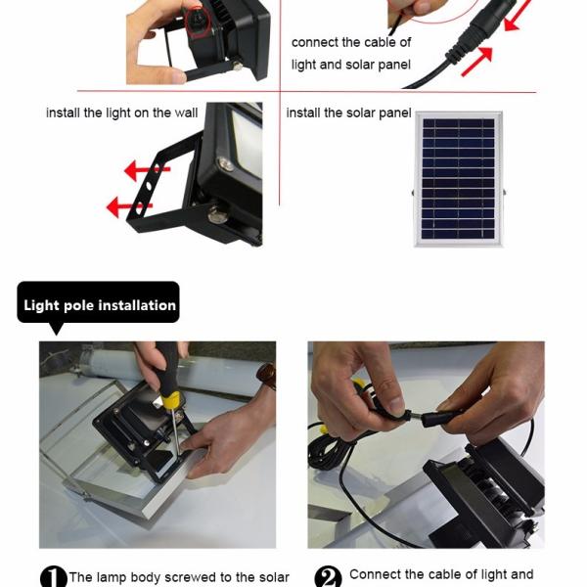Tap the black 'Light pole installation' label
click(99, 304)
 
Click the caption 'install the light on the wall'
click(121, 113)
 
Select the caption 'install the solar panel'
click(348, 113)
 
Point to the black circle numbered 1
click(53, 577)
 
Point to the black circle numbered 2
click(328, 577)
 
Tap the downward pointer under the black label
click(56, 329)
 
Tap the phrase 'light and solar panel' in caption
click(351, 66)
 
